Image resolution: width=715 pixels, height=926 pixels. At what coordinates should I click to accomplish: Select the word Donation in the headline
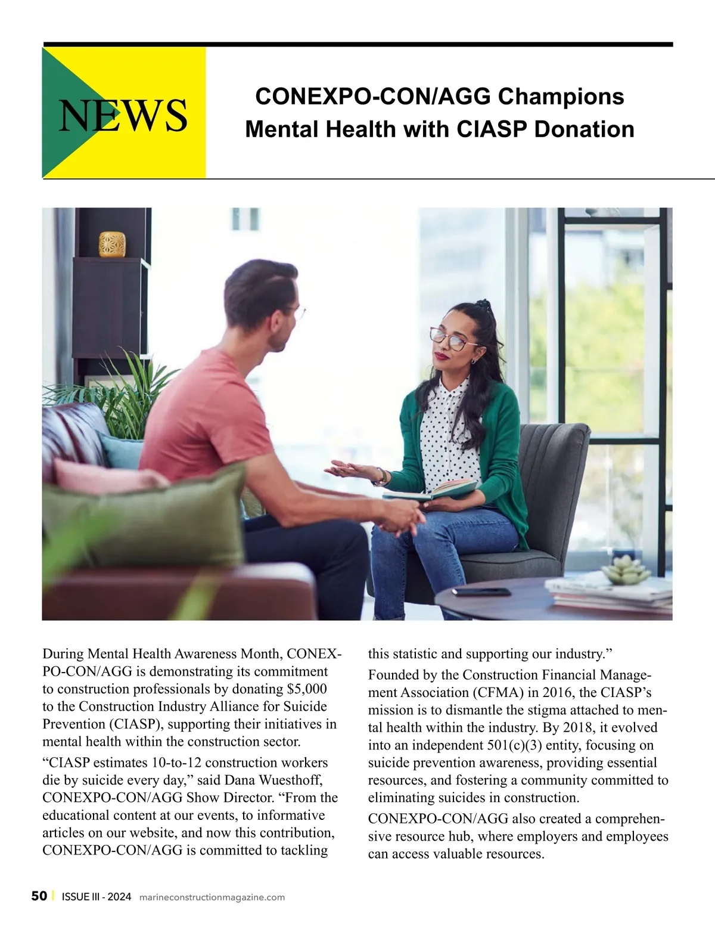click(584, 129)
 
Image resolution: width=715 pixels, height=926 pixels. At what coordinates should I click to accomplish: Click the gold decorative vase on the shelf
click(112, 243)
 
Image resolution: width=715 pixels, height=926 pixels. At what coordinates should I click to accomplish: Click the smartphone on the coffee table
click(481, 591)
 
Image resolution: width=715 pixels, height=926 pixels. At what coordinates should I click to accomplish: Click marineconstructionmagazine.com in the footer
click(212, 897)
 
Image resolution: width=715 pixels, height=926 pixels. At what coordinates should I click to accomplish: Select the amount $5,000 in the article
click(307, 689)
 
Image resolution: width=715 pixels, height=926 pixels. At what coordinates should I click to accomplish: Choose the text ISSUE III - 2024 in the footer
click(96, 897)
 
